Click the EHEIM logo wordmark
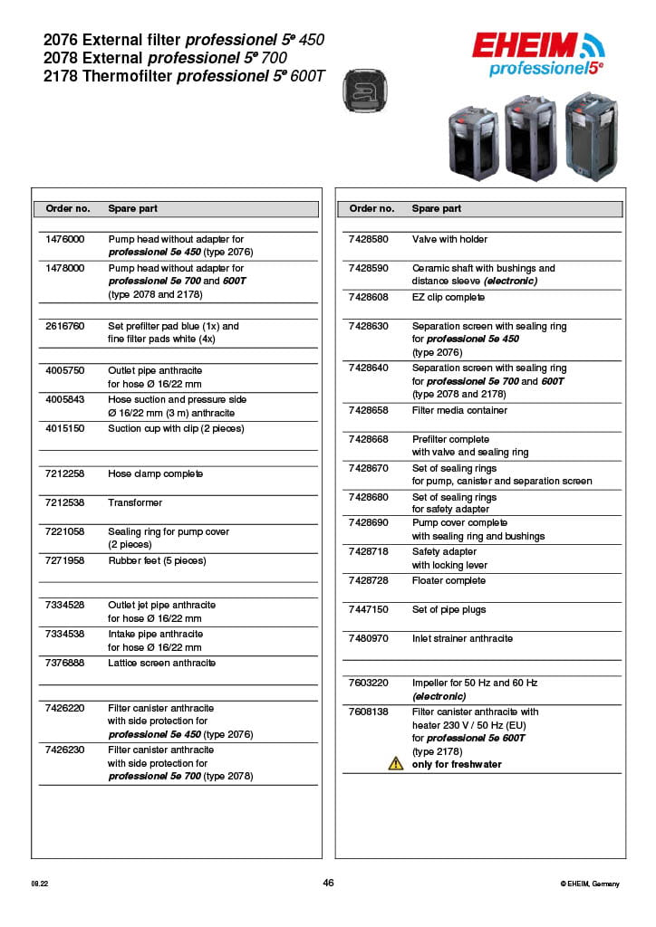click(x=526, y=46)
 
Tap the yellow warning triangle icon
click(x=396, y=764)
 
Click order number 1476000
click(x=64, y=239)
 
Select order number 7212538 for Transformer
click(x=64, y=502)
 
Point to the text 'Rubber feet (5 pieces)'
click(x=157, y=560)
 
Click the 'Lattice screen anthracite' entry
click(x=161, y=663)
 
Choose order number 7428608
click(x=368, y=297)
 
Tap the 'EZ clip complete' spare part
click(x=448, y=297)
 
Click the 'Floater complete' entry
click(x=449, y=580)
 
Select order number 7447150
click(x=368, y=609)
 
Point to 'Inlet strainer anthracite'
click(x=462, y=638)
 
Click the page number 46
click(x=328, y=883)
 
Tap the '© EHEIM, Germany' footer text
click(x=590, y=884)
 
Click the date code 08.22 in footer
click(x=40, y=884)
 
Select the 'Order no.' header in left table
click(x=68, y=208)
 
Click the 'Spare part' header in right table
click(x=437, y=208)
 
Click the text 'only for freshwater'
click(x=457, y=764)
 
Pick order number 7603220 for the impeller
click(x=368, y=683)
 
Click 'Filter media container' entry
click(x=459, y=410)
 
